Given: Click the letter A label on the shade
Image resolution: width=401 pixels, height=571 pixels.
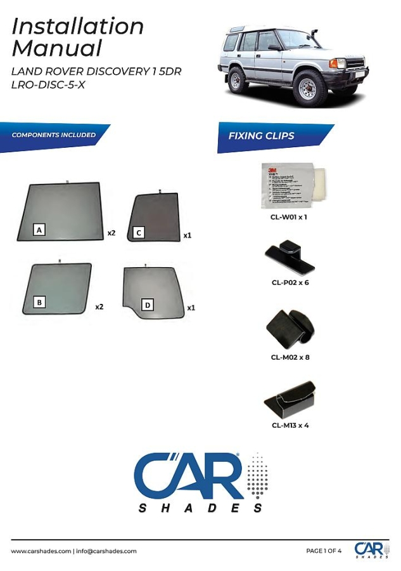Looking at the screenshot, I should point(40,230).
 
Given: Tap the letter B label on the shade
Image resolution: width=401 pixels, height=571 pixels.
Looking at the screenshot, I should point(40,303).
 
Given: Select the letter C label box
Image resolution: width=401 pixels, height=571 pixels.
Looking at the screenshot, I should point(139,233).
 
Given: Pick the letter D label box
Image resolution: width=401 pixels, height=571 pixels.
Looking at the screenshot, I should point(148,305).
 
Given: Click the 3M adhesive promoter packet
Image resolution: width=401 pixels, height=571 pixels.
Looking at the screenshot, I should point(289,185).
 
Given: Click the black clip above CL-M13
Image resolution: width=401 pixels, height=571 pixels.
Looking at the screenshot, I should point(290,399).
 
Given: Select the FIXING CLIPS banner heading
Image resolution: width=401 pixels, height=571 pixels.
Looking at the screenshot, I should point(261,136).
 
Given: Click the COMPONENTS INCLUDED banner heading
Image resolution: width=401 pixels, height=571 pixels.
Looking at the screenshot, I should point(54,135).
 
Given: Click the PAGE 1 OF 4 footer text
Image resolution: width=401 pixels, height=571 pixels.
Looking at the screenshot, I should point(324,551).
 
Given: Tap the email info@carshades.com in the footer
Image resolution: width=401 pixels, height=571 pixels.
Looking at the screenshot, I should point(106,551).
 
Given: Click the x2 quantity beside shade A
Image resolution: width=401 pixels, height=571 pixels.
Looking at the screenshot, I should point(111,233).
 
